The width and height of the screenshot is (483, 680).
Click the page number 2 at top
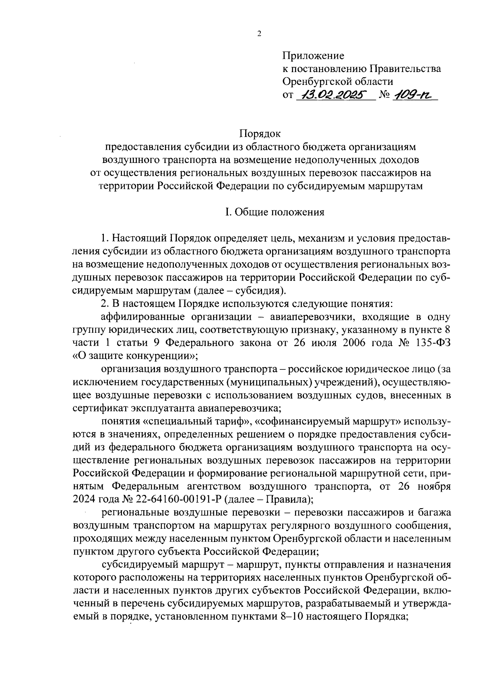259,34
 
